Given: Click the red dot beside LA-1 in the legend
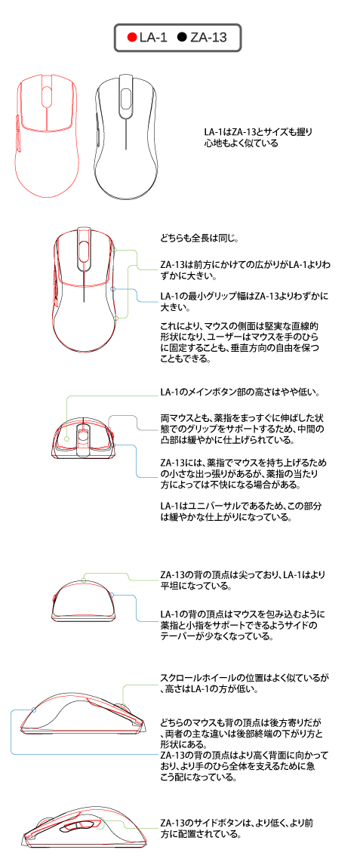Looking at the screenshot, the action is (131, 38).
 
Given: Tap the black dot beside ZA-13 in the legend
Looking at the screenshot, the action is (182, 38).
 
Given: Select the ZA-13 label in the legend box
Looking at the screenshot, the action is (208, 38).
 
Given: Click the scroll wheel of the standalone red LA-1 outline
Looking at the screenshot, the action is (47, 97).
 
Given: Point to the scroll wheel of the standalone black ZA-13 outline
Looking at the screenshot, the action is (126, 96).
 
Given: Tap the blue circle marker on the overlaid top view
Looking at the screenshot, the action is (112, 288).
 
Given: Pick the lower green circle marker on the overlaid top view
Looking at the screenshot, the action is (117, 317).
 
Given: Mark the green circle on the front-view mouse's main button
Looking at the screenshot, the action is (66, 439).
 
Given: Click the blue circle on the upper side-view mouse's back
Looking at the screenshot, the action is (35, 710).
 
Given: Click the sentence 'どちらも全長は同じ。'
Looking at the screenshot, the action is (199, 239).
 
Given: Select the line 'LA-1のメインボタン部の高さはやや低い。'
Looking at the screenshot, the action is (240, 393).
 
